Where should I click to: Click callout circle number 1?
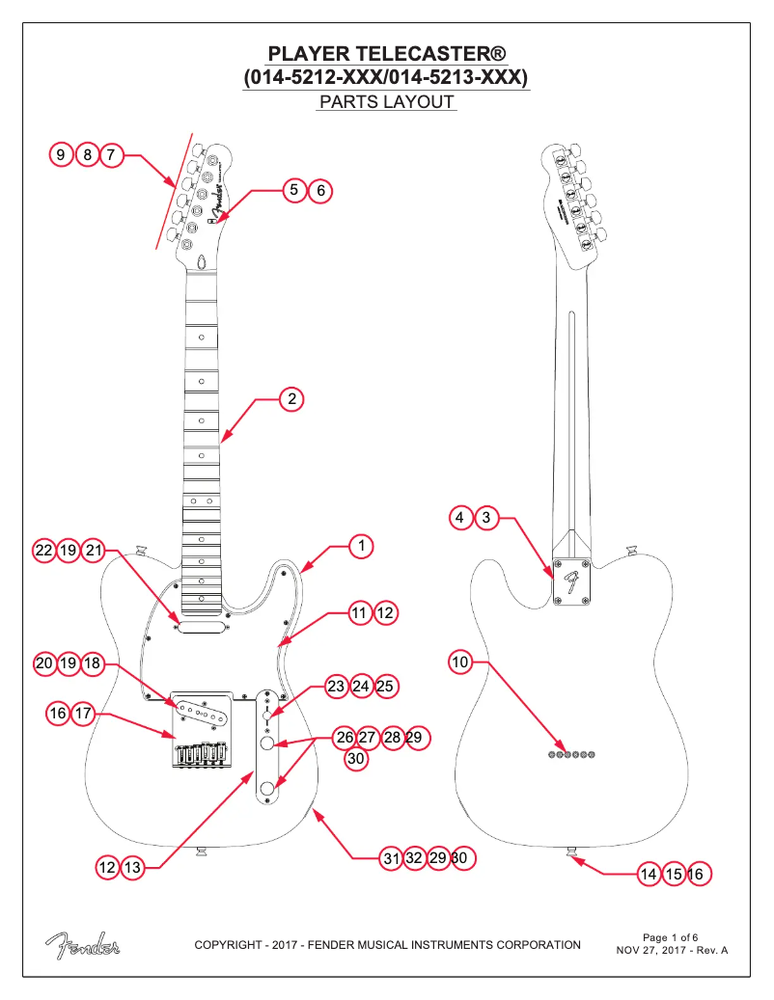[x=360, y=547]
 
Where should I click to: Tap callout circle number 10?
[x=460, y=662]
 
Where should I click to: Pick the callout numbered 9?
[x=62, y=154]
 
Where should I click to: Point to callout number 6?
[x=319, y=191]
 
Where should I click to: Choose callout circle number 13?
[x=132, y=868]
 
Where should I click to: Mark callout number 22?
[x=43, y=551]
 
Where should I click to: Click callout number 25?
[x=384, y=687]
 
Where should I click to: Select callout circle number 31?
[x=390, y=857]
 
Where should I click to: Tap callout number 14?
[x=650, y=874]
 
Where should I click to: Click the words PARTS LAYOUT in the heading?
[x=386, y=101]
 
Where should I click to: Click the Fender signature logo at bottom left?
[x=81, y=945]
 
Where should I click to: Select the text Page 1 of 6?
[x=670, y=936]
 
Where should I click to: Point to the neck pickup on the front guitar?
[x=201, y=625]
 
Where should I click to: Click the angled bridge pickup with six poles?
[x=202, y=712]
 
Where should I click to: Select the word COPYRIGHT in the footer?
[x=229, y=944]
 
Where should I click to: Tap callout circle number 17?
[x=83, y=714]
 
